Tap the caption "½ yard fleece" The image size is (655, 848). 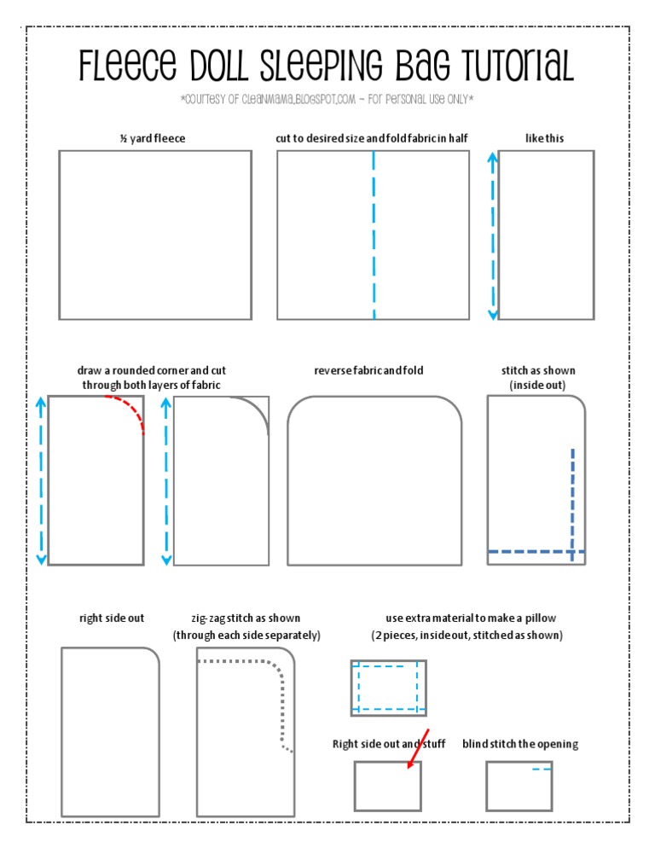pos(153,138)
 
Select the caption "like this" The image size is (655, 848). pos(545,138)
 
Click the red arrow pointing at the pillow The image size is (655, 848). pos(419,750)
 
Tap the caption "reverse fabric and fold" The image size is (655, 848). pos(368,371)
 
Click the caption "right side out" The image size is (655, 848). pos(112,619)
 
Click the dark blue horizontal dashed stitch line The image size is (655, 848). pos(536,553)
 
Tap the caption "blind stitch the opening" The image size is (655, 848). pos(520,745)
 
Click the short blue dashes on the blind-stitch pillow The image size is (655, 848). pos(542,770)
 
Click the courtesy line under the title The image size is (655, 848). pos(327,101)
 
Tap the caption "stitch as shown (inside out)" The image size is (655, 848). pos(538,378)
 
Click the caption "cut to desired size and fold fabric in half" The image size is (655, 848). pos(372,138)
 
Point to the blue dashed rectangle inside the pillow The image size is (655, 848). pos(387,687)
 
